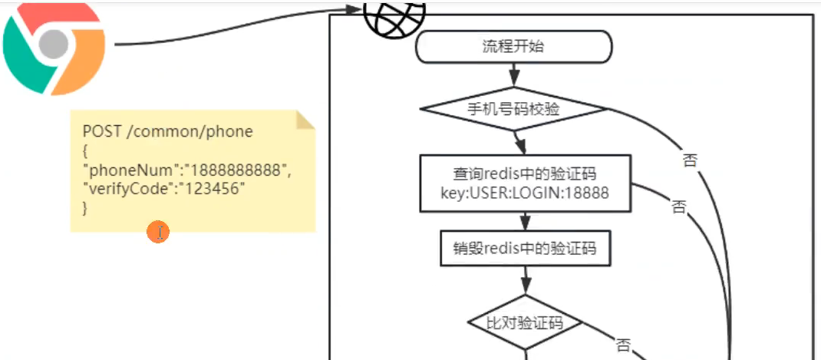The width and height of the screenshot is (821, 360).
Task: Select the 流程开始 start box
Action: pos(513,46)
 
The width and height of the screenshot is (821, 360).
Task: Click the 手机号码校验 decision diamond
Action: pos(513,109)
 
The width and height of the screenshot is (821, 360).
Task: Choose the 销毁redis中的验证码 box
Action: pos(525,248)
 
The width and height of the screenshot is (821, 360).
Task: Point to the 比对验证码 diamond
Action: pos(525,322)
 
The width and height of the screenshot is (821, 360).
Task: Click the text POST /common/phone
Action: pos(167,131)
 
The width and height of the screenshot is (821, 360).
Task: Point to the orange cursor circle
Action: pos(158,232)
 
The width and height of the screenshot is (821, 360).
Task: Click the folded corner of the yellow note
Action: pos(305,120)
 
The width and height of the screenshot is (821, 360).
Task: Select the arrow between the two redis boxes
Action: pos(525,220)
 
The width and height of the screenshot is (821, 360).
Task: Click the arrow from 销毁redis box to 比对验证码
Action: pos(525,280)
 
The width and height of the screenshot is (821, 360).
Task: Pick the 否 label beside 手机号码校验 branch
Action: pos(689,160)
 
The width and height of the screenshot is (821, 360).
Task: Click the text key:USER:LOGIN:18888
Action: pos(525,193)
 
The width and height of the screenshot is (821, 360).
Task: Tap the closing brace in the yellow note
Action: pos(85,207)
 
